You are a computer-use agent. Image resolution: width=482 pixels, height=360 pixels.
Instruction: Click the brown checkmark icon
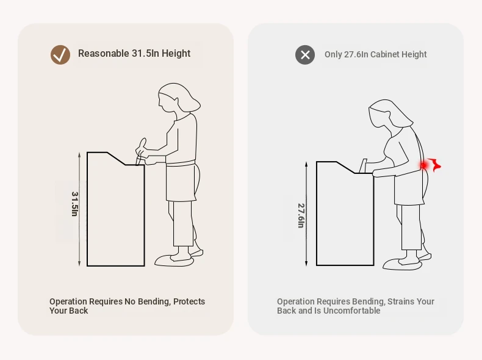pyautogui.click(x=60, y=55)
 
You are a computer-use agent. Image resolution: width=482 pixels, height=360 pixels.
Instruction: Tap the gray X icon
pyautogui.click(x=305, y=55)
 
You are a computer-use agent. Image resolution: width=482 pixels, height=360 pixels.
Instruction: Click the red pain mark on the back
pyautogui.click(x=430, y=165)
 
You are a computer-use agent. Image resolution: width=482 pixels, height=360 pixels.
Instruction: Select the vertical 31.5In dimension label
pyautogui.click(x=74, y=204)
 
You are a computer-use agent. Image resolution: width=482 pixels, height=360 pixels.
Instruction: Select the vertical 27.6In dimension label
pyautogui.click(x=301, y=215)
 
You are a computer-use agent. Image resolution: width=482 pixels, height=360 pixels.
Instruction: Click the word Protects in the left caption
pyautogui.click(x=189, y=301)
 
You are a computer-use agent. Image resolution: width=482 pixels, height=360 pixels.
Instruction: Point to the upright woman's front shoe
pyautogui.click(x=174, y=261)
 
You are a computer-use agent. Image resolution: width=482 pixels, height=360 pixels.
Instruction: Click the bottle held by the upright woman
pyautogui.click(x=140, y=151)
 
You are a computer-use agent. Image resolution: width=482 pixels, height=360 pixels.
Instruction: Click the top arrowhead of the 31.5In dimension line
pyautogui.click(x=79, y=154)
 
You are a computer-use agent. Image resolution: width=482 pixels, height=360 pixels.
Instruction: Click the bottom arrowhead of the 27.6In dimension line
pyautogui.click(x=306, y=263)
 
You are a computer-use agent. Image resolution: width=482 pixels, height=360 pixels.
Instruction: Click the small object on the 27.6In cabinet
pyautogui.click(x=364, y=166)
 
